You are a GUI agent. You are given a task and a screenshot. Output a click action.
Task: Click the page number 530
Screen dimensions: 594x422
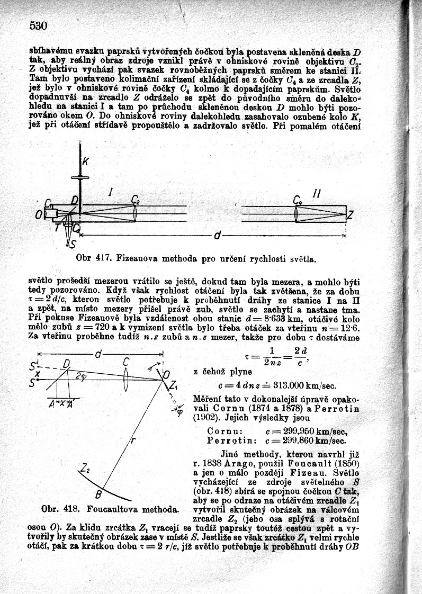[39, 26]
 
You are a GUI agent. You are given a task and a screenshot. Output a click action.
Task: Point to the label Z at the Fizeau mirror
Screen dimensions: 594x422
[350, 215]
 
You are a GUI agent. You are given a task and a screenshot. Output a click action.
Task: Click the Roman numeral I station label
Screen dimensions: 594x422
[110, 194]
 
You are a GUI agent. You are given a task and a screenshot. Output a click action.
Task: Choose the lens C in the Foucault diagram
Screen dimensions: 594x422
[125, 362]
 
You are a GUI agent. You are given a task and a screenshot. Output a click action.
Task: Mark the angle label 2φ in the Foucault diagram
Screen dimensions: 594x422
[80, 375]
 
